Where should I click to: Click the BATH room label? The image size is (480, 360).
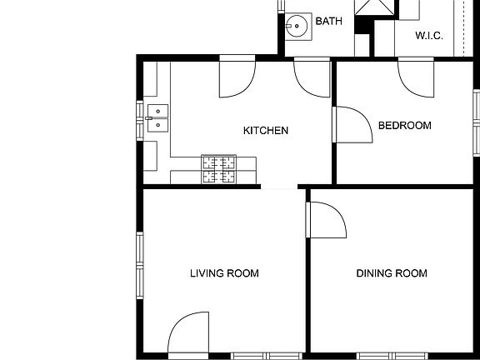329,22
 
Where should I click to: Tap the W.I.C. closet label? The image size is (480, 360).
428,36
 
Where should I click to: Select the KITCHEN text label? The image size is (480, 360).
266,131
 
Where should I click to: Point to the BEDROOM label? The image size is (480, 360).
405,126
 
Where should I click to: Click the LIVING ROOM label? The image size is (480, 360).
224,273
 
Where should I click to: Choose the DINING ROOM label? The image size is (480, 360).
392,273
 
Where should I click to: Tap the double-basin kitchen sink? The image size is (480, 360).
157,118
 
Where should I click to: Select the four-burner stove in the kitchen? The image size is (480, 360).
218,170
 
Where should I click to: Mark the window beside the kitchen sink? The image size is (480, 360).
139,118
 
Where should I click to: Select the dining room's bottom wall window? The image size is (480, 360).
392,356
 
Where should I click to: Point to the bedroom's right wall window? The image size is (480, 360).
476,117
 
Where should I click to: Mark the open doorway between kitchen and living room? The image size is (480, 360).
281,188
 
